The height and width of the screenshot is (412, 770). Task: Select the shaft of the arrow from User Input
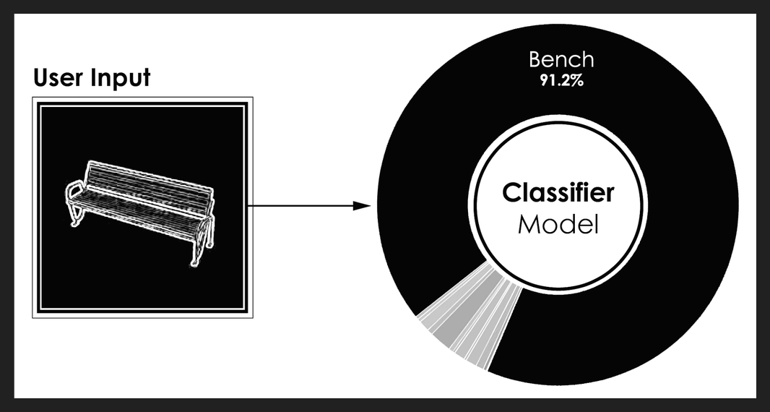[300, 205]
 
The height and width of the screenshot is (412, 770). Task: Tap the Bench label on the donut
[561, 60]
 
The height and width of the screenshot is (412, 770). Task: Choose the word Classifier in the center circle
[558, 193]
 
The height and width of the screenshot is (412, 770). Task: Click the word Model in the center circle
[558, 226]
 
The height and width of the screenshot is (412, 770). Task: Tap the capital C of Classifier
[511, 193]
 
